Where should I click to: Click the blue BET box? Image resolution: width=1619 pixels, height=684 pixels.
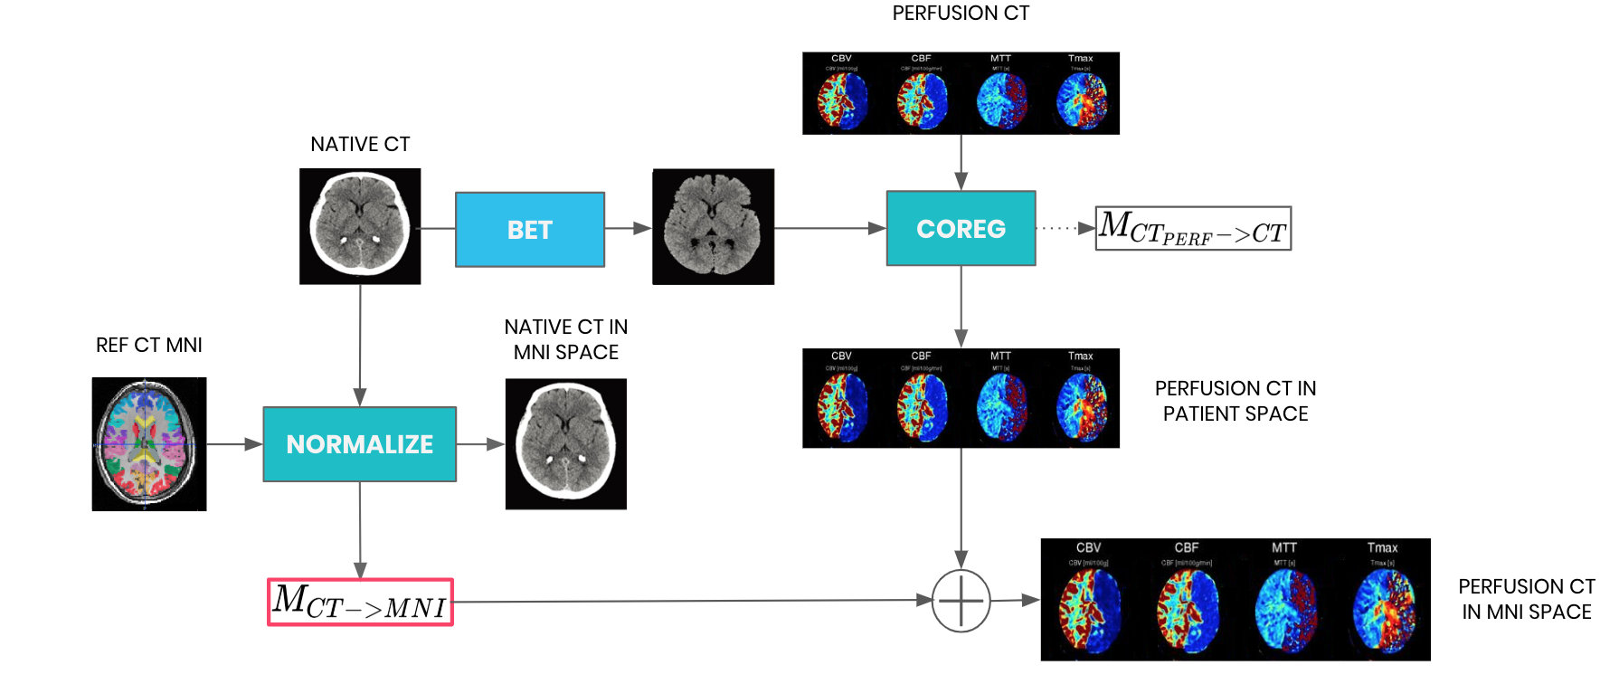pos(529,230)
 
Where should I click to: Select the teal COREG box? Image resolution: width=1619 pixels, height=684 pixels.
pos(961,228)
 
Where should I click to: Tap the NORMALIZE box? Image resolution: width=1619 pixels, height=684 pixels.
pos(359,444)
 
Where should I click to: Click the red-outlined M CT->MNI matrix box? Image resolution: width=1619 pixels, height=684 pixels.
pos(360,603)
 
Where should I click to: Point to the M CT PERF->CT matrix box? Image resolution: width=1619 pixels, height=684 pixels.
pos(1193,229)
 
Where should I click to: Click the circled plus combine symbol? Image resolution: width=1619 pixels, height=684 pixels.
pos(961,601)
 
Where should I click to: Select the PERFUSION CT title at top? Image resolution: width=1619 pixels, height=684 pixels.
pos(961,14)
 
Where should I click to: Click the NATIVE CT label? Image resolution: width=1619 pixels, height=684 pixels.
pos(360,145)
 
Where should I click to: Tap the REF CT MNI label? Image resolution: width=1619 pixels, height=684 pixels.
pos(149,346)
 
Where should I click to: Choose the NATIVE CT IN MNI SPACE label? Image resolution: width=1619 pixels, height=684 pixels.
pos(566,339)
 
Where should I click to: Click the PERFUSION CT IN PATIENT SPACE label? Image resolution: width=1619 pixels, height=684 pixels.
pos(1236,401)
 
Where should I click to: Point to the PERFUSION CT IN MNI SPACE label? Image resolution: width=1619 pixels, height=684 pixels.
pos(1526,599)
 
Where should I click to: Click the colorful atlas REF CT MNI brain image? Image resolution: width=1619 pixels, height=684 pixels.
pos(149,444)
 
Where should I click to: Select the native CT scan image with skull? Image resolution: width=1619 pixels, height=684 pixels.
pos(360,226)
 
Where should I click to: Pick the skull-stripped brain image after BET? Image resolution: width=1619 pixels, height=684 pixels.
pos(713,227)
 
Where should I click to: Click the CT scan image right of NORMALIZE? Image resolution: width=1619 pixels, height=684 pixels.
pos(566,444)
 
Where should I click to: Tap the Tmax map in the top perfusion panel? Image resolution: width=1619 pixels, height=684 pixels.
pos(1080,98)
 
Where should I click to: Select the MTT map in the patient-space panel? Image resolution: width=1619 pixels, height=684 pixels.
pos(1001,403)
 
